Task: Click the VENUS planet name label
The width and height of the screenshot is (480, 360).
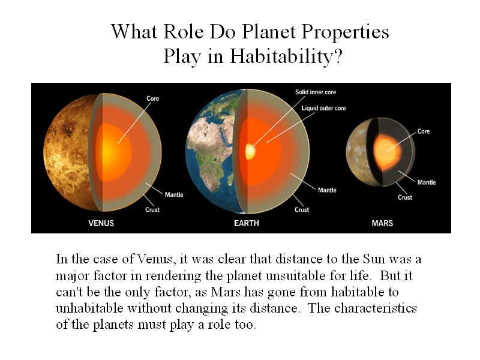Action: pyautogui.click(x=101, y=223)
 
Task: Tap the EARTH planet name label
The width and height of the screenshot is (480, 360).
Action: pyautogui.click(x=247, y=223)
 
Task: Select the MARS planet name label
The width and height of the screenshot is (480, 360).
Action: pyautogui.click(x=382, y=223)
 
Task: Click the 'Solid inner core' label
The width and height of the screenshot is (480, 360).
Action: pyautogui.click(x=316, y=92)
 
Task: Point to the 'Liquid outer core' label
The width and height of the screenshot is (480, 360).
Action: pyautogui.click(x=323, y=108)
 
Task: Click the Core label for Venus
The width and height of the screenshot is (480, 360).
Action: pyautogui.click(x=153, y=98)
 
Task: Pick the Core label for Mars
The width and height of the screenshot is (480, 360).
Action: pyautogui.click(x=424, y=131)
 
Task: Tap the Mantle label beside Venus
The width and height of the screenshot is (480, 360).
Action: pyautogui.click(x=174, y=194)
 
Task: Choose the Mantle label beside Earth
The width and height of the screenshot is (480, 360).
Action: pyautogui.click(x=327, y=190)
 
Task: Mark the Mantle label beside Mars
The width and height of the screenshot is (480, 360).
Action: pyautogui.click(x=427, y=182)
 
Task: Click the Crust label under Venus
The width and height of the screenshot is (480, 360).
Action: pyautogui.click(x=152, y=209)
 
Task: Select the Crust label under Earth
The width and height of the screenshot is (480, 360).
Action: pyautogui.click(x=302, y=209)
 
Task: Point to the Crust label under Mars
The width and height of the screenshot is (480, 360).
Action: pyautogui.click(x=405, y=197)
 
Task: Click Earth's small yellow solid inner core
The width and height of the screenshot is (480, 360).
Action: pyautogui.click(x=250, y=151)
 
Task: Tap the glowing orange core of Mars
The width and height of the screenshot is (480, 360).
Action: pyautogui.click(x=386, y=151)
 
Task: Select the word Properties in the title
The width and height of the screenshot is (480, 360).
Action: pyautogui.click(x=346, y=32)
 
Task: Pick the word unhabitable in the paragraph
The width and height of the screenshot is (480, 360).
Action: pyautogui.click(x=89, y=308)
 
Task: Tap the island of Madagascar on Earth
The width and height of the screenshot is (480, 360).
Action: pyautogui.click(x=230, y=179)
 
